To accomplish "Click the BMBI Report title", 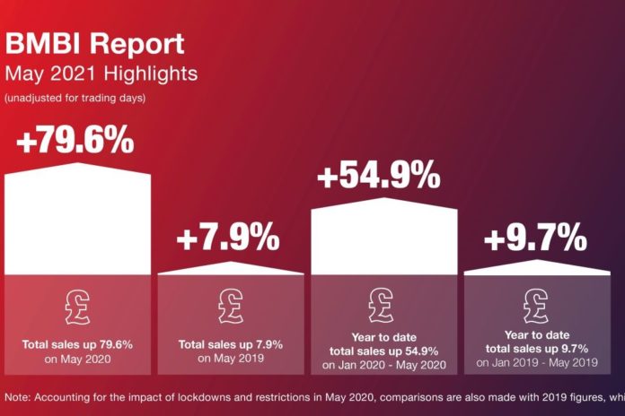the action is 94,45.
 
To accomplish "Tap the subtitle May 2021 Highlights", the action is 101,74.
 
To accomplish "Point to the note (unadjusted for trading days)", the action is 75,98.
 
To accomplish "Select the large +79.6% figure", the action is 75,140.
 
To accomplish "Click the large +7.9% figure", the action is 228,237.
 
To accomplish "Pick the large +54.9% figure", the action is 379,174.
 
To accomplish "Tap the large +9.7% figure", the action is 535,237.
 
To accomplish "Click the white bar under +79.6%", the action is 78,219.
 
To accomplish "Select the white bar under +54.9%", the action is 383,236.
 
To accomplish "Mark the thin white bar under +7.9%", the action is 231,269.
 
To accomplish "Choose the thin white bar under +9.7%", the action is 537,268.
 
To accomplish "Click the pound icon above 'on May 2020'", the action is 78,308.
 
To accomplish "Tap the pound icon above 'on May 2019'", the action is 231,307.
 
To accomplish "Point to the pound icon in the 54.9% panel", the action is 381,306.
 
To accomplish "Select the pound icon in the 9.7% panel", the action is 536,306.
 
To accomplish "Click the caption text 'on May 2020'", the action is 78,360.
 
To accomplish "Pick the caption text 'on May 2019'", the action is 231,359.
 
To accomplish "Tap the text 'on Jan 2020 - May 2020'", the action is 383,365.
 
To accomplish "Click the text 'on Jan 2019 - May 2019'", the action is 537,363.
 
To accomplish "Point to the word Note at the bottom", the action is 18,397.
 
